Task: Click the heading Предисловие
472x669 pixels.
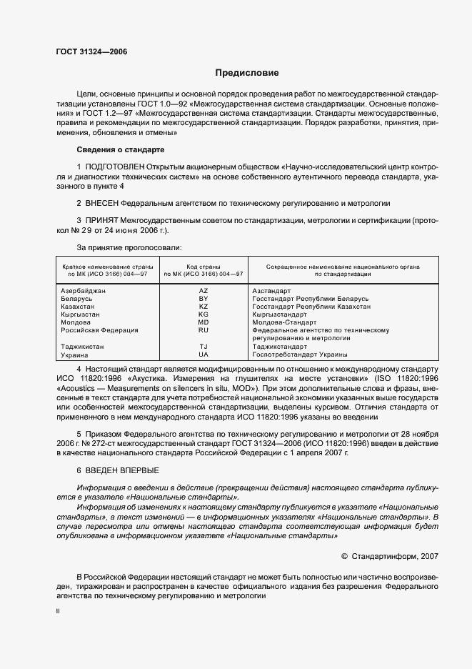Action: click(247, 73)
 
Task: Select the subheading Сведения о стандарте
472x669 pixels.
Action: click(121, 149)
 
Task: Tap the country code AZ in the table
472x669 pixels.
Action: click(204, 291)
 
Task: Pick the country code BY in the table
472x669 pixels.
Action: click(204, 299)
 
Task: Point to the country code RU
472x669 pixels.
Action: click(204, 330)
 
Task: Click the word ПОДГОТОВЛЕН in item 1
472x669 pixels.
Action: click(114, 167)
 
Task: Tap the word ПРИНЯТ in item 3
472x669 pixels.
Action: click(101, 221)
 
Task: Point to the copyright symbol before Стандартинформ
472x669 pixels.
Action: click(345, 555)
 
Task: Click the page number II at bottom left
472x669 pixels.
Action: click(58, 612)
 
